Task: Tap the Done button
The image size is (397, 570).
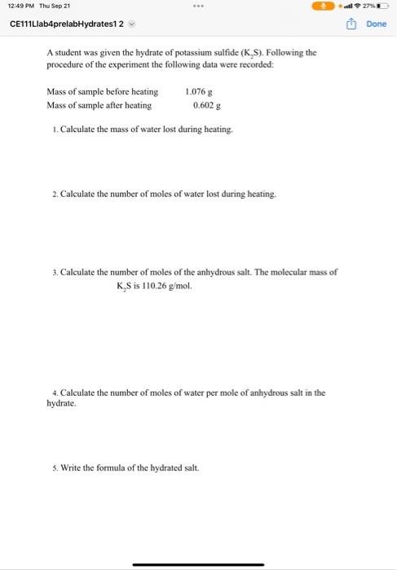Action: point(377,24)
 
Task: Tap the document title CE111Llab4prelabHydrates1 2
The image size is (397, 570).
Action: point(66,24)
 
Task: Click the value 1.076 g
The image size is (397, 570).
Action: point(199,92)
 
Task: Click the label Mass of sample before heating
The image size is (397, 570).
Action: point(102,92)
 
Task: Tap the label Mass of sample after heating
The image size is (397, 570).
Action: point(99,105)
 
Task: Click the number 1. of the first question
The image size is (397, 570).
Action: point(54,130)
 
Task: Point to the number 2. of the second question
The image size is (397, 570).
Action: point(54,195)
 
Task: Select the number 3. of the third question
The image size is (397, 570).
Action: point(54,272)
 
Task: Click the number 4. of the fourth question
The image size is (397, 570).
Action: point(54,392)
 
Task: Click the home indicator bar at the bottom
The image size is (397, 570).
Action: point(198,563)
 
